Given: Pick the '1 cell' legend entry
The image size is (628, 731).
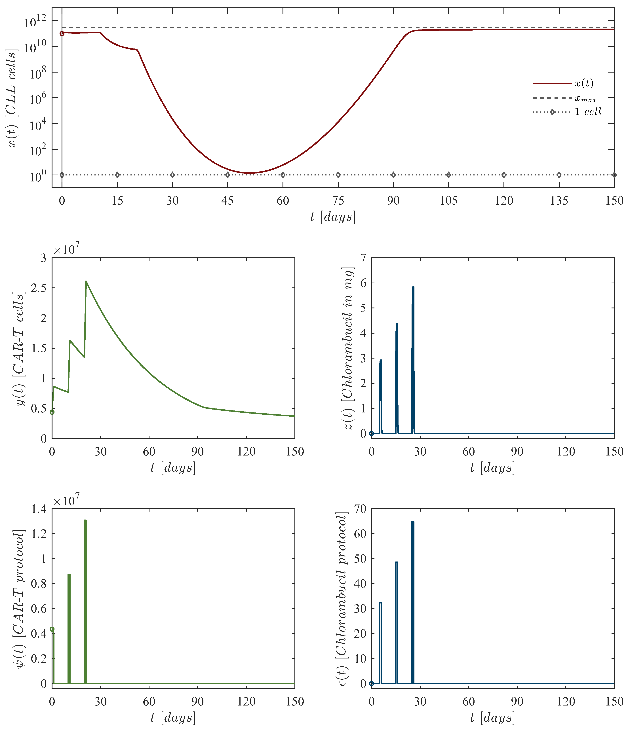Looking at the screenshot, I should click(x=587, y=112).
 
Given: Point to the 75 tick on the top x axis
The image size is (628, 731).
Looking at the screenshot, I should click(x=338, y=201).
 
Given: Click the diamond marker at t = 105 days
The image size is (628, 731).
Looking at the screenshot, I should click(x=448, y=175).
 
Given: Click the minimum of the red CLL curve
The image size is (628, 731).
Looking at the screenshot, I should click(x=249, y=173).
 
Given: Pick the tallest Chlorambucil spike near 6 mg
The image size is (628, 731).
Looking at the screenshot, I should click(x=413, y=287).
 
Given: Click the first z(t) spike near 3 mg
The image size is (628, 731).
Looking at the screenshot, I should click(x=381, y=361).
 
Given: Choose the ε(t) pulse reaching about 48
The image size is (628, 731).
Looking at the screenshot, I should click(x=396, y=562).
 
